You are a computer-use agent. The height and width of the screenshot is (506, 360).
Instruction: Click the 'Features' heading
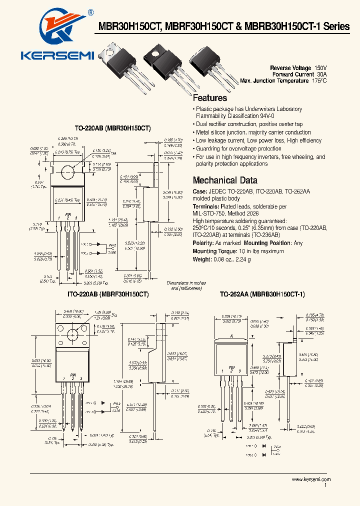click(209, 98)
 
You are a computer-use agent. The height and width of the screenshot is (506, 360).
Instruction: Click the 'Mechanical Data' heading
click(225, 180)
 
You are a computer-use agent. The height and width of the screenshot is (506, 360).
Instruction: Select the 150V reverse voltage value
click(320, 67)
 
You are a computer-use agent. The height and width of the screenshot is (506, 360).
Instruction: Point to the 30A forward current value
click(321, 74)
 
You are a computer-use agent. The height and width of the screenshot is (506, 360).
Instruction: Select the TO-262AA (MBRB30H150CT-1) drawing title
click(262, 295)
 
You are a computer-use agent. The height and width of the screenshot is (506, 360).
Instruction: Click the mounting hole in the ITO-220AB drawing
click(73, 334)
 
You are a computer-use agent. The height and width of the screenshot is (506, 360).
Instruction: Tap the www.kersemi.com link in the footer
click(311, 479)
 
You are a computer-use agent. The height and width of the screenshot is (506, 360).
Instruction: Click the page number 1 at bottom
click(326, 485)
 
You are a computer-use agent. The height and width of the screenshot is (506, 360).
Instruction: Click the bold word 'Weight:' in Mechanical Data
click(202, 259)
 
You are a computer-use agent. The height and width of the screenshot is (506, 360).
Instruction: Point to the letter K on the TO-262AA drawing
click(231, 336)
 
